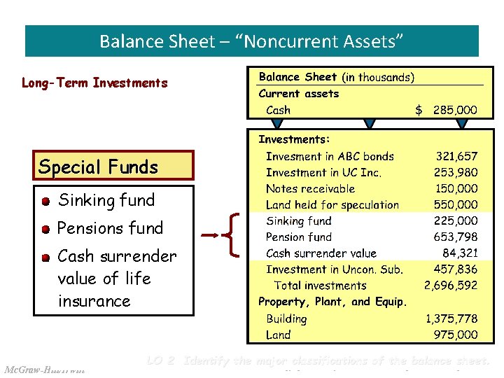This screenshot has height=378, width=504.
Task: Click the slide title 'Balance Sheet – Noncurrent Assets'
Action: pos(251,41)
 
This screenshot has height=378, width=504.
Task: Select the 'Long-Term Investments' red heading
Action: pos(94,83)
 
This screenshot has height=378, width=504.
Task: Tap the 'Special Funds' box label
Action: pos(98,167)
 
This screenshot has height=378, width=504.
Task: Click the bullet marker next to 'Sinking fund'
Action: pos(45,202)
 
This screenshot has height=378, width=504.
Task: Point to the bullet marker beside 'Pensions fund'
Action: pos(45,229)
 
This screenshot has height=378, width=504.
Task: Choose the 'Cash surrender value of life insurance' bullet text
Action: pos(116,278)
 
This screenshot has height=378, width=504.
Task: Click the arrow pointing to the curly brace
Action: pos(209,236)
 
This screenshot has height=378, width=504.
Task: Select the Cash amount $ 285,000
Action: pos(447,110)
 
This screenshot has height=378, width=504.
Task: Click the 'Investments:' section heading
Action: pos(294,140)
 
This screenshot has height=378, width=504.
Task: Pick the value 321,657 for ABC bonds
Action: pos(456,157)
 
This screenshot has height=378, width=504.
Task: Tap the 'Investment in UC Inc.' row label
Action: pos(323,173)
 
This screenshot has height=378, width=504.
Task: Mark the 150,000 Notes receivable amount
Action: pos(456,189)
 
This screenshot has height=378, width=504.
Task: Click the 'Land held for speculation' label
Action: pos(332,205)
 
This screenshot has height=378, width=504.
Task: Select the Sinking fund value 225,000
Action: pos(456,221)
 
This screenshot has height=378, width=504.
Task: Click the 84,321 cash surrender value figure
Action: pos(460,253)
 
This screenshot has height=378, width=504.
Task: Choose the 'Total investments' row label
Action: pos(320,286)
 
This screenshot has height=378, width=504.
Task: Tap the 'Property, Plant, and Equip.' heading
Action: pos(332,302)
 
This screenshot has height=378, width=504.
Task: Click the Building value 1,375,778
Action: pos(451,318)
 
